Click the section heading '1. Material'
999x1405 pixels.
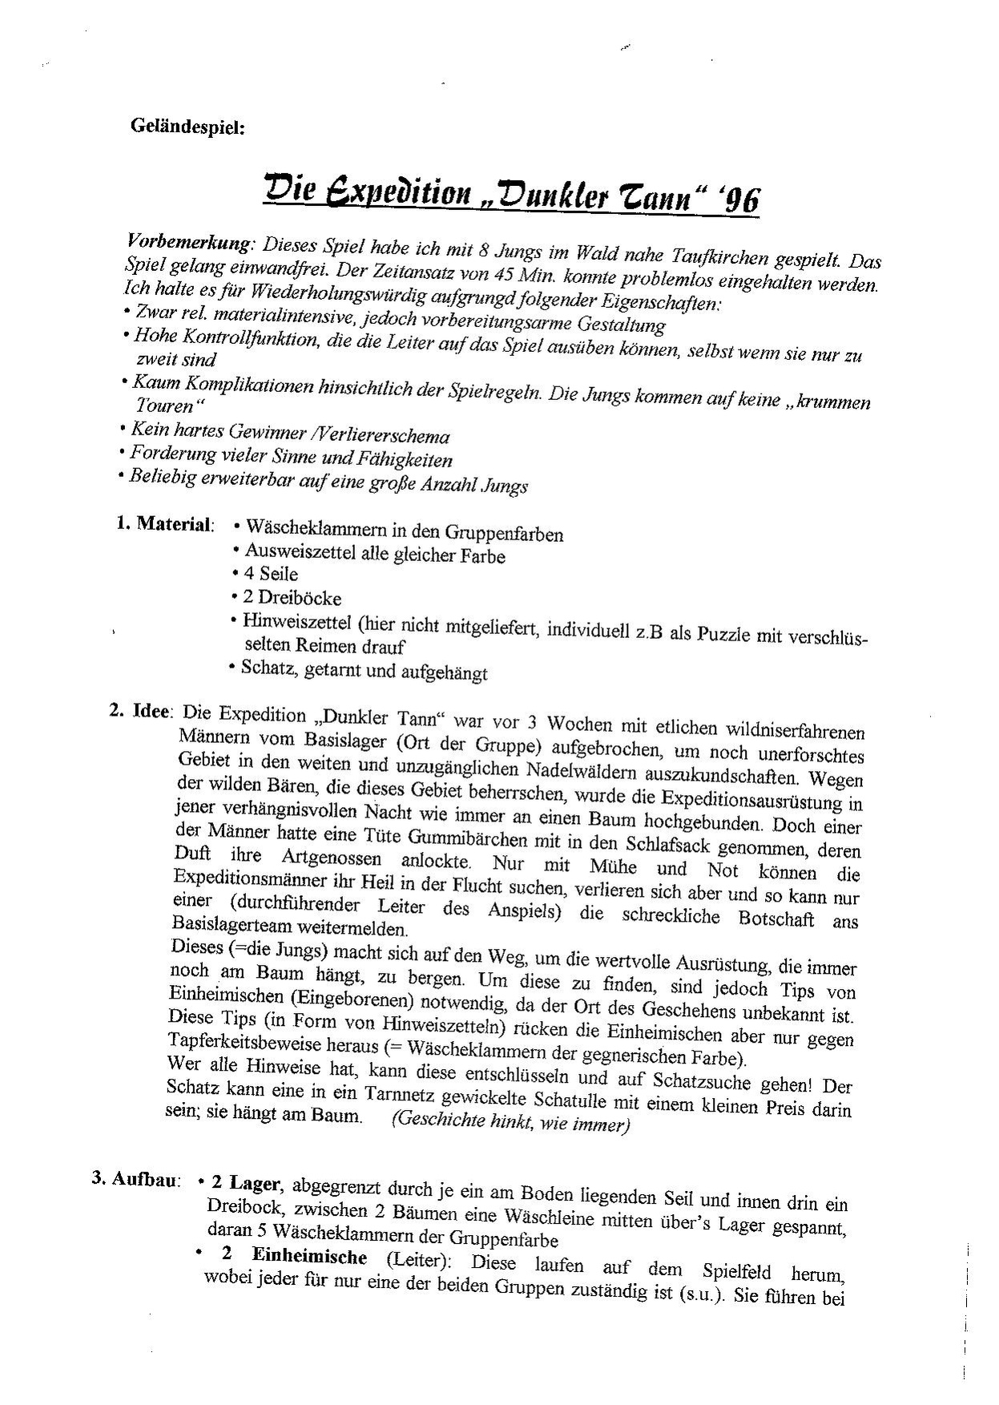[164, 524]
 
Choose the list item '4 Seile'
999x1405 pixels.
[271, 575]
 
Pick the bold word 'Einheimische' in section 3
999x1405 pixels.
[309, 1257]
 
